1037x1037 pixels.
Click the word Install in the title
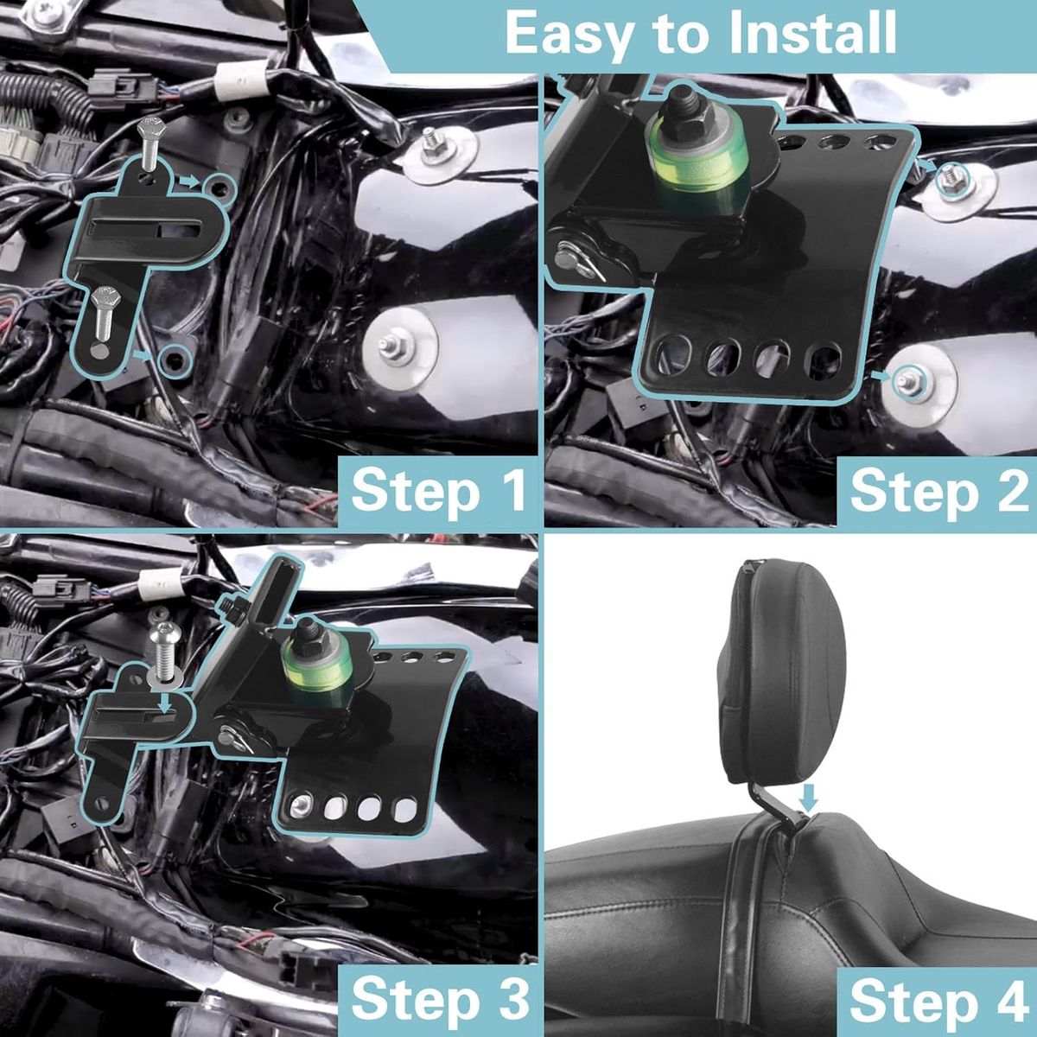795,34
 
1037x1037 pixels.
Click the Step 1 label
439,490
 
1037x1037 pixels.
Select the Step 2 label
938,490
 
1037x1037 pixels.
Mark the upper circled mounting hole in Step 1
219,187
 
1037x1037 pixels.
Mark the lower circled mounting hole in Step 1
177,359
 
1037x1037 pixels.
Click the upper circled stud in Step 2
951,179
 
